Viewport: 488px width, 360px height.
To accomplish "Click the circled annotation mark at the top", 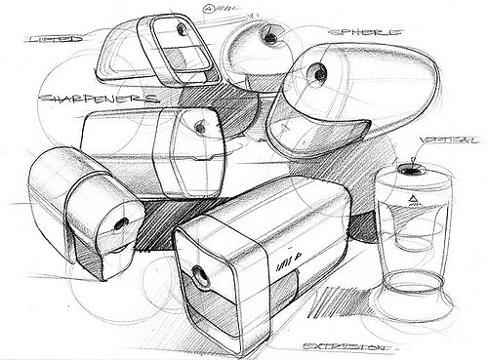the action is (x=210, y=12).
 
